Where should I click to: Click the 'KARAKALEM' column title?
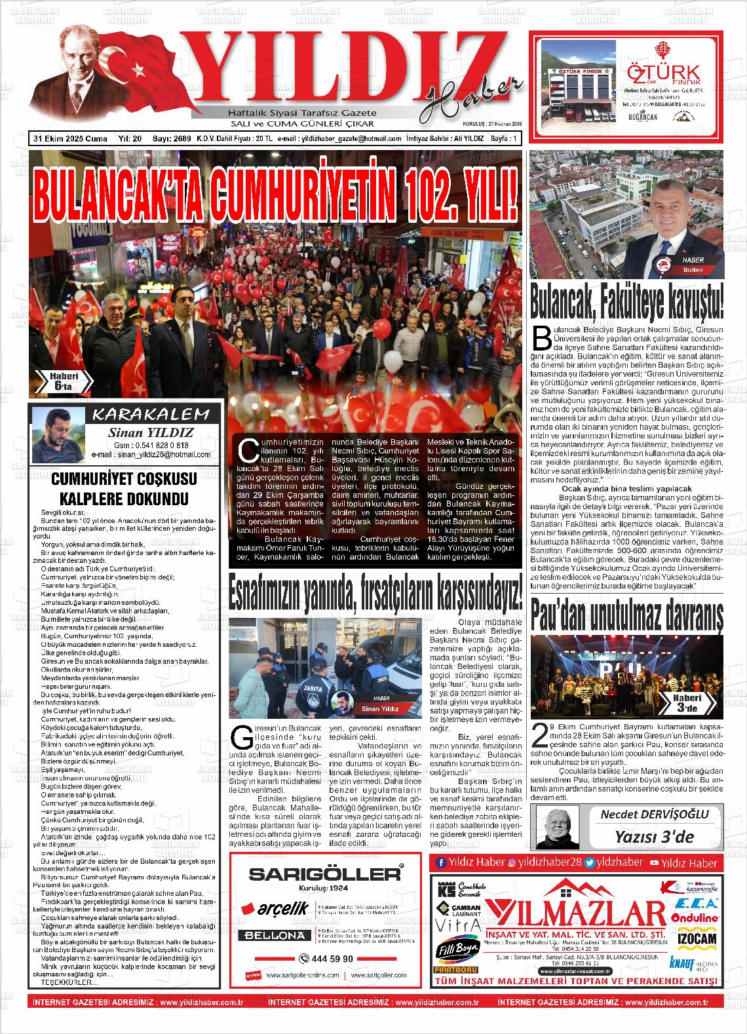[151, 414]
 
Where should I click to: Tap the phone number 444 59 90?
[326, 959]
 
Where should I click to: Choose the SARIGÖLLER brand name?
[326, 873]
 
